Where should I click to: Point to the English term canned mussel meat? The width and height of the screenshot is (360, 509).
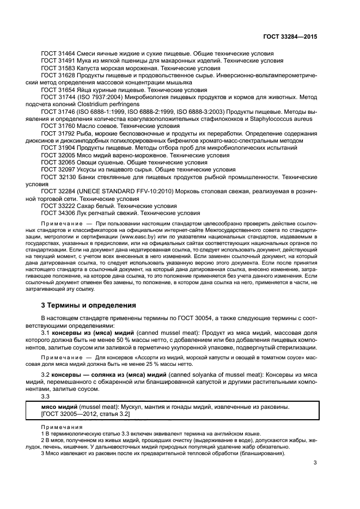[157, 332]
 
